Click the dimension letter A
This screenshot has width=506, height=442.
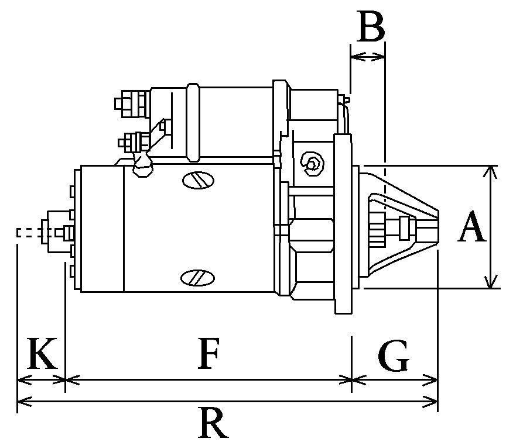click(x=471, y=228)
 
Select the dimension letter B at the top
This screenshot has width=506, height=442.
click(x=370, y=27)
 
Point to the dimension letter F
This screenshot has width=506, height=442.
click(x=208, y=354)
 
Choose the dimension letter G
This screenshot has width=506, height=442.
click(x=393, y=357)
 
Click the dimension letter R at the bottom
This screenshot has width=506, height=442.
click(x=213, y=423)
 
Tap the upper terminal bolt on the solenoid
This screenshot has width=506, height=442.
click(x=126, y=103)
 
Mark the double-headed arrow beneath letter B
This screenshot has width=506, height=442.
click(x=368, y=57)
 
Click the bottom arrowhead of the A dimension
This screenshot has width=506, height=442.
click(x=489, y=284)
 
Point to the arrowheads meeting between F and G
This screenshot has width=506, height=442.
click(x=351, y=381)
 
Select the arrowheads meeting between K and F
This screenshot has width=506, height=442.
click(x=63, y=381)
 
